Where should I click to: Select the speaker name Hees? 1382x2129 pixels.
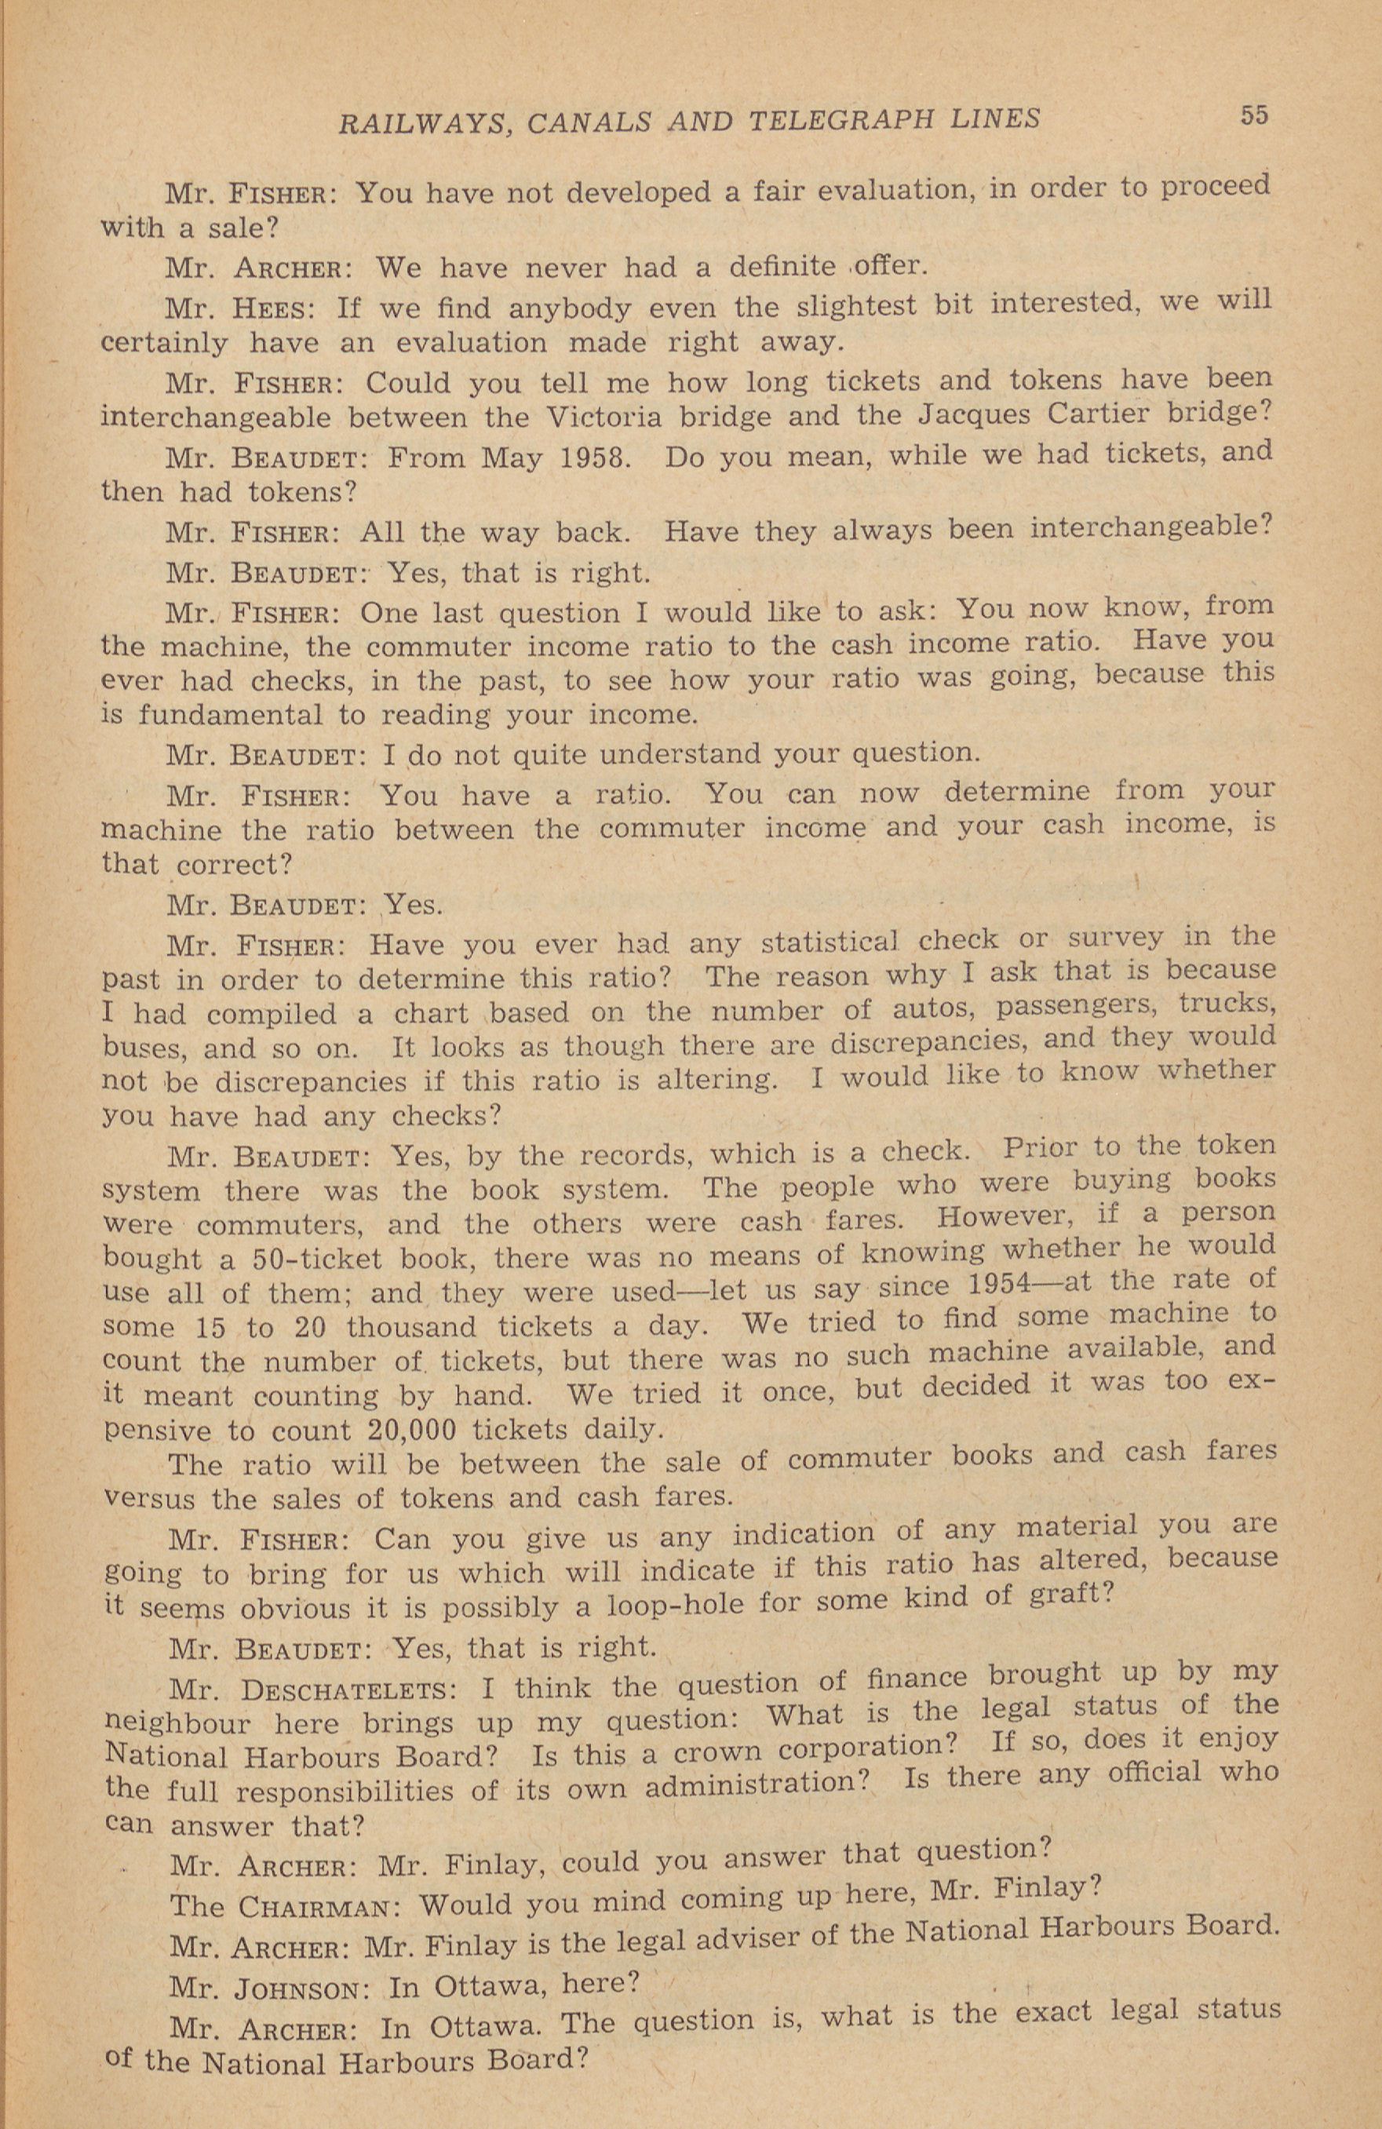272,308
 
